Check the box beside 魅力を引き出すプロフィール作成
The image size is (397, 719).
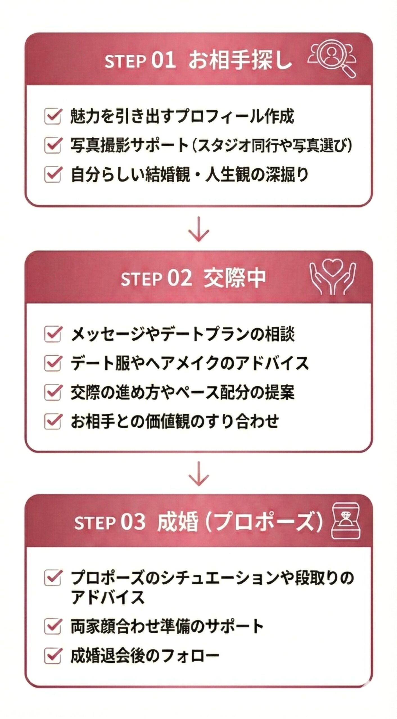(x=53, y=116)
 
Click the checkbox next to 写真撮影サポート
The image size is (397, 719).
(x=53, y=145)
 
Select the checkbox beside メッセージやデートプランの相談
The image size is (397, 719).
(x=53, y=334)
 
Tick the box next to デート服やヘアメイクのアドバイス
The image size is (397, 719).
(x=53, y=363)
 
